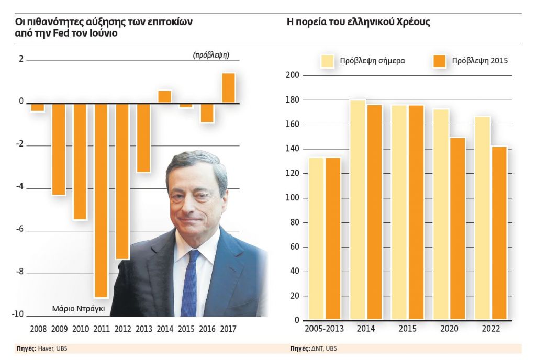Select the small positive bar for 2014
(164, 97)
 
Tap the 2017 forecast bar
(228, 88)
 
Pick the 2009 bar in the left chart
(59, 149)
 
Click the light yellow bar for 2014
(358, 209)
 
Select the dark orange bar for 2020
(457, 228)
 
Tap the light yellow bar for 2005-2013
(316, 238)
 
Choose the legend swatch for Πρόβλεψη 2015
(440, 61)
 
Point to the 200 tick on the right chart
(293, 75)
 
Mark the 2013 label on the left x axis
(143, 330)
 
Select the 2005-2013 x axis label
(323, 329)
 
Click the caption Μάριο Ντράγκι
(79, 309)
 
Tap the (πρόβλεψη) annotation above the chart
(211, 54)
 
